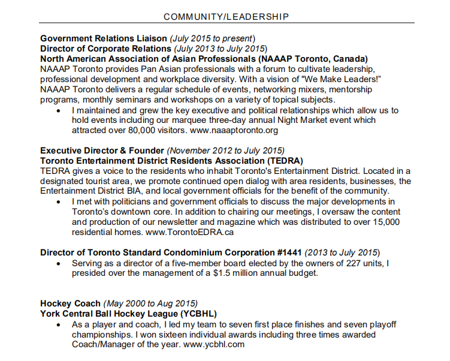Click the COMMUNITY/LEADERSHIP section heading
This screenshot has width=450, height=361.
(225, 16)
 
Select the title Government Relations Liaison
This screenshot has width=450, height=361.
(103, 38)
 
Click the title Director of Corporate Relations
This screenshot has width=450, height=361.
(105, 49)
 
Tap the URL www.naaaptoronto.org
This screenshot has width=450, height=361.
(234, 130)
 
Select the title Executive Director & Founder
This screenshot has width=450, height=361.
(102, 151)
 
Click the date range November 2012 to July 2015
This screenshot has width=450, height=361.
(226, 151)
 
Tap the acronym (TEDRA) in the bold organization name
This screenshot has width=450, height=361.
(283, 161)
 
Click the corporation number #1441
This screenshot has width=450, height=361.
(284, 252)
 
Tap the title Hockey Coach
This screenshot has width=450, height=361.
(70, 303)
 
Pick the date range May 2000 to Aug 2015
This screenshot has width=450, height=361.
(150, 303)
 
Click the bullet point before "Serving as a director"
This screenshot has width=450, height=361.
(58, 263)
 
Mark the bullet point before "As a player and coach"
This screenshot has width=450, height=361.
(58, 324)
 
